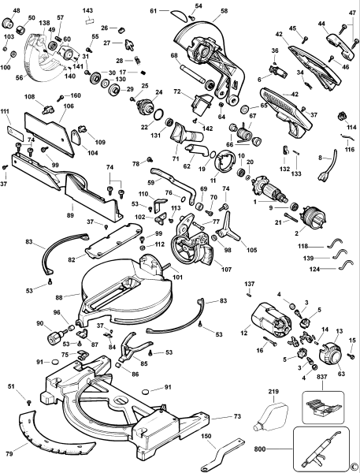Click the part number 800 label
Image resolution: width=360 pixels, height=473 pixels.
click(x=260, y=449)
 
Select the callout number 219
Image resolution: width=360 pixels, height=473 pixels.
click(x=273, y=392)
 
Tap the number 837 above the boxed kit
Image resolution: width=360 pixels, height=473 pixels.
click(x=322, y=377)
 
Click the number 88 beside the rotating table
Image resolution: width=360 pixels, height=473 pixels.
click(x=59, y=297)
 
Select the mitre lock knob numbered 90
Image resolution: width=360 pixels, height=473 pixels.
click(x=56, y=337)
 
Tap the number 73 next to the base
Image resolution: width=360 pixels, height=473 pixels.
click(x=238, y=416)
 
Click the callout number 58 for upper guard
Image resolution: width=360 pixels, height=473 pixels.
click(x=224, y=11)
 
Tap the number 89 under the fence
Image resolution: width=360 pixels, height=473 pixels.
click(x=71, y=215)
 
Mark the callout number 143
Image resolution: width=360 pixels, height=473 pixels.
click(x=87, y=10)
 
